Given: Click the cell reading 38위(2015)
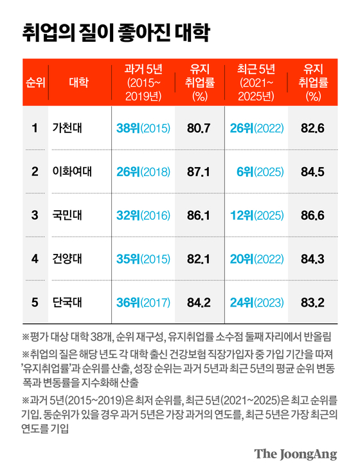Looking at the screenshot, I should point(143,128).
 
